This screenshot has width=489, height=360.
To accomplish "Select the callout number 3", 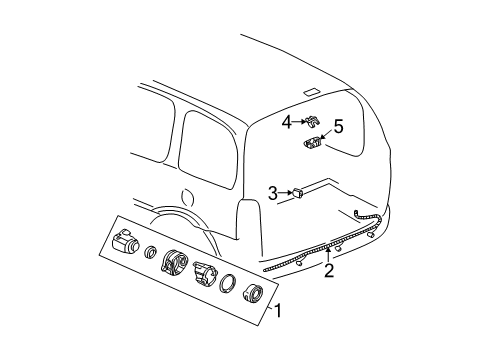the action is click(x=272, y=193).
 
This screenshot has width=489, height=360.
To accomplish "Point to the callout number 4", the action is click(x=286, y=123).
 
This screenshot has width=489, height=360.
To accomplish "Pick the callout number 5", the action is click(x=338, y=127).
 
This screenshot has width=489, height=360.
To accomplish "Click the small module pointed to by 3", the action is click(x=297, y=193).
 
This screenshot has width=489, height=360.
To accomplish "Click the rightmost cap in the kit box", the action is click(x=251, y=297).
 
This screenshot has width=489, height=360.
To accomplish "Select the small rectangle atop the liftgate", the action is click(x=311, y=92).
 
